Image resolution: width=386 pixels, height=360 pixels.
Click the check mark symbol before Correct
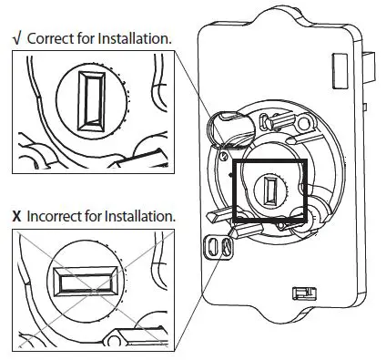pyautogui.click(x=16, y=38)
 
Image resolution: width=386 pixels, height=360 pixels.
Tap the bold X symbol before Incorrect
pyautogui.click(x=16, y=218)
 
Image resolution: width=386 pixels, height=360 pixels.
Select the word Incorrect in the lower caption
pyautogui.click(x=57, y=218)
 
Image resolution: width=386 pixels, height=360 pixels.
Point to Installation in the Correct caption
pyautogui.click(x=136, y=38)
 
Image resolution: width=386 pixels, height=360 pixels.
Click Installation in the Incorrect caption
pyautogui.click(x=143, y=218)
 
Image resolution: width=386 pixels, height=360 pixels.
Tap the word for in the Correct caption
pyautogui.click(x=90, y=38)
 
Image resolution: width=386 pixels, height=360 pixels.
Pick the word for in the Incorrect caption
pyautogui.click(x=100, y=218)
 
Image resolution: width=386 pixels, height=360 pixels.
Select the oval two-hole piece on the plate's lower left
pyautogui.click(x=216, y=246)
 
